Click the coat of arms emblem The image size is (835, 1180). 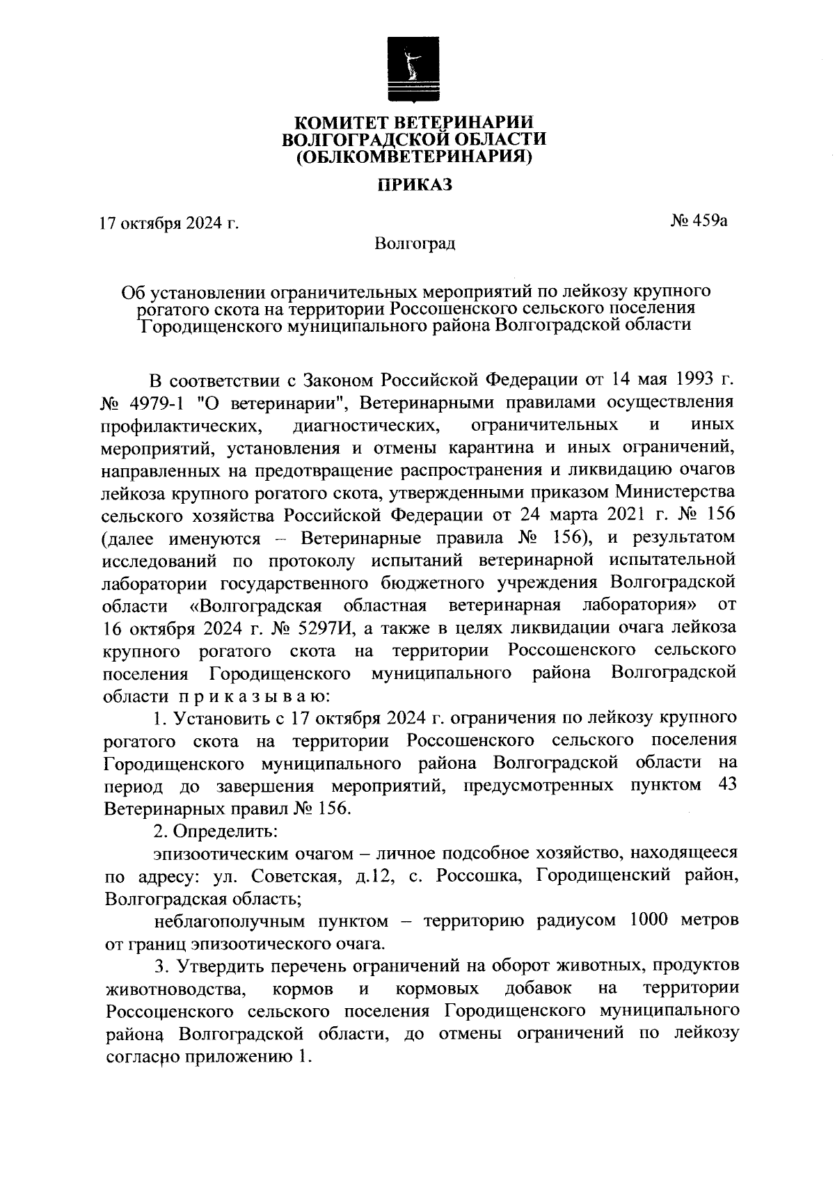point(414,72)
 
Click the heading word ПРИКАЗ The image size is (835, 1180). point(415,185)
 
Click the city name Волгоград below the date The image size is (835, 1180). point(415,244)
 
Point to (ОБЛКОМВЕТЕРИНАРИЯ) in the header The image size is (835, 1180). point(415,157)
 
